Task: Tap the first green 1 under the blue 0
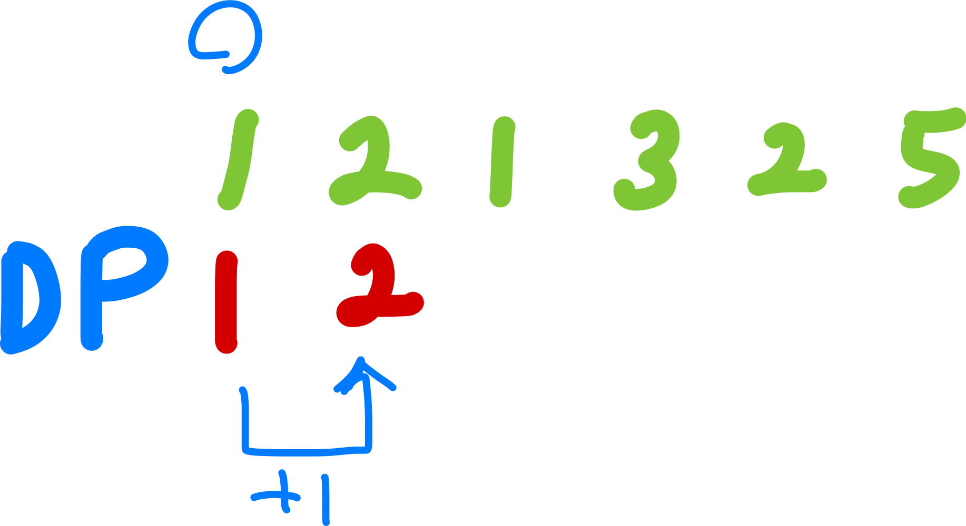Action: [x=238, y=158]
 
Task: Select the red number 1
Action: [x=226, y=302]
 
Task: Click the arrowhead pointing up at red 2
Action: [x=361, y=366]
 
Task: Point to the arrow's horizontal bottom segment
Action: [x=305, y=451]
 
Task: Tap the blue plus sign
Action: [x=279, y=494]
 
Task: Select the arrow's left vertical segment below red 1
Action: [x=245, y=421]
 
